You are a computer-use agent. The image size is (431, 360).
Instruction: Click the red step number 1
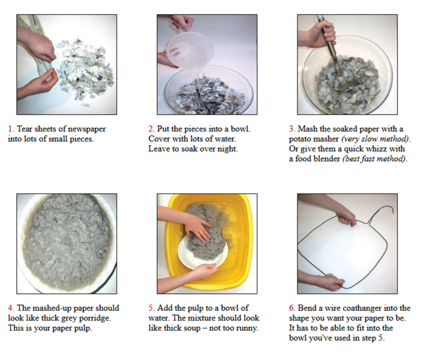pyautogui.click(x=11, y=129)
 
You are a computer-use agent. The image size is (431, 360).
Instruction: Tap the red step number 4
pyautogui.click(x=11, y=308)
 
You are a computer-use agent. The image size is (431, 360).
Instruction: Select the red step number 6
pyautogui.click(x=292, y=308)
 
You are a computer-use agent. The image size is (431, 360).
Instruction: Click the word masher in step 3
pyautogui.click(x=327, y=139)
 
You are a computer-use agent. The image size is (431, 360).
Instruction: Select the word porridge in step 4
pyautogui.click(x=95, y=319)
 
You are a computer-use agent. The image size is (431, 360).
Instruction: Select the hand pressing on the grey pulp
pyautogui.click(x=197, y=227)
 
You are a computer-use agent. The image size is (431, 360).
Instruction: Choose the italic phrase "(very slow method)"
pyautogui.click(x=376, y=139)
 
